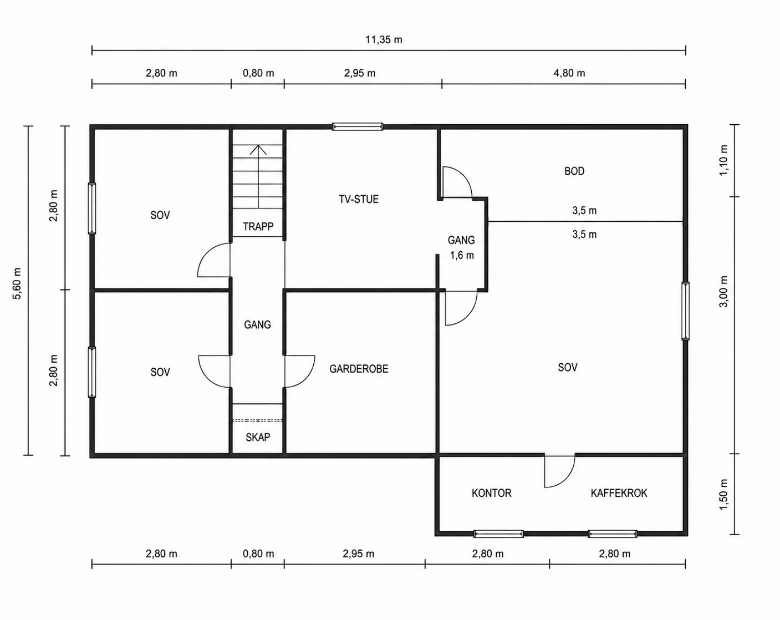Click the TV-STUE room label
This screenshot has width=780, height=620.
[x=359, y=199]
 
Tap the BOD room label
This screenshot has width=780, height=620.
[x=574, y=171]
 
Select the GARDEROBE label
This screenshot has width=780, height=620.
[x=359, y=369]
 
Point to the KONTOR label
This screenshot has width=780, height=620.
[x=492, y=493]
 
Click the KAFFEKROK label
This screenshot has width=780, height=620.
[x=619, y=493]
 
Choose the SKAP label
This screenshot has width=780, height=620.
[x=258, y=437]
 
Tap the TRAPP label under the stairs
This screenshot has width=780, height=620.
[x=258, y=227]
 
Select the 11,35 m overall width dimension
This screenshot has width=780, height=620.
[x=384, y=39]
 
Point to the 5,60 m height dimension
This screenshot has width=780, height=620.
[x=17, y=284]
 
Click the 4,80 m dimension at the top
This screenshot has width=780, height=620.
[x=569, y=73]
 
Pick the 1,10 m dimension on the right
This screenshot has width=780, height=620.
[x=723, y=160]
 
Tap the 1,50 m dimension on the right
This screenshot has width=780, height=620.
[x=723, y=495]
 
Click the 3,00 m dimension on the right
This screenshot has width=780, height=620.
[x=723, y=292]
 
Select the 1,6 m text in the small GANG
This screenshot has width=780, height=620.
[x=462, y=255]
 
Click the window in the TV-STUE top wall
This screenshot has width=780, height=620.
[x=358, y=126]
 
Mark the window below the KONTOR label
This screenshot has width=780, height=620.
[x=498, y=533]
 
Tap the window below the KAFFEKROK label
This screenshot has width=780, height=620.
[x=613, y=533]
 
